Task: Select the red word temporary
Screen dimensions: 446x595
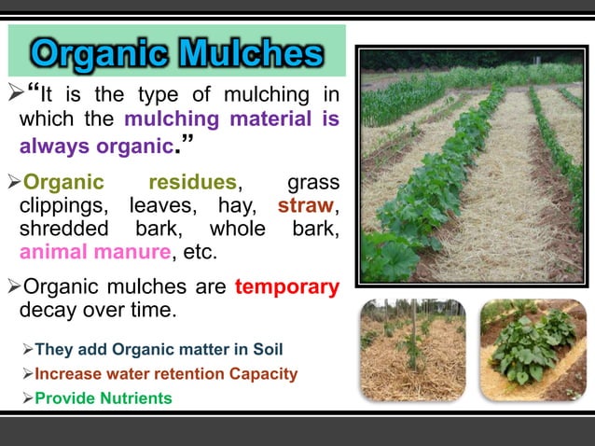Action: (x=287, y=287)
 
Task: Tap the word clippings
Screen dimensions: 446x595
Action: (x=63, y=205)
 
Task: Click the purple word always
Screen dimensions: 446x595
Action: (x=55, y=146)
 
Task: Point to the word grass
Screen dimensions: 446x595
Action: (x=312, y=181)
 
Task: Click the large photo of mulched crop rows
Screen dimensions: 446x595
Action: (x=471, y=165)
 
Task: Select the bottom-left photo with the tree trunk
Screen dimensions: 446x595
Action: (x=413, y=350)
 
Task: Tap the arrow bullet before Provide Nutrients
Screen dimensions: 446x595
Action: (x=27, y=398)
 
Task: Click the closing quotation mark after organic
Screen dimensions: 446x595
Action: (x=187, y=142)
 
